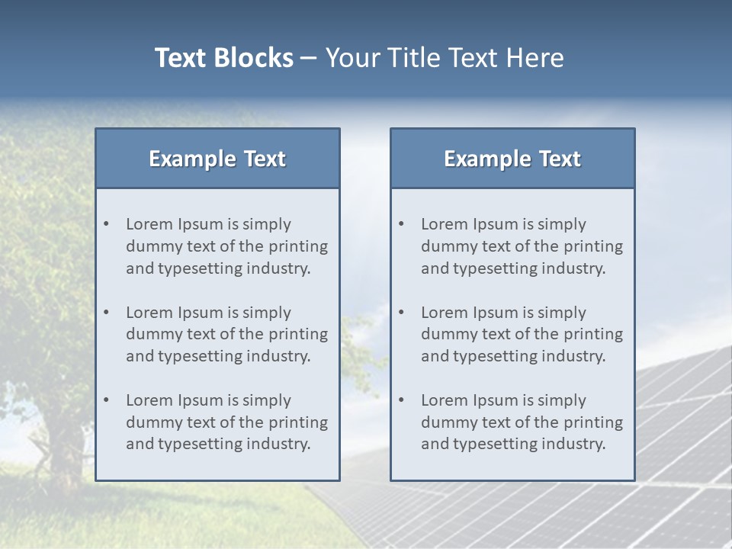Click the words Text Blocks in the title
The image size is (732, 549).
(223, 58)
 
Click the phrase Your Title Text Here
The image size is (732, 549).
(445, 58)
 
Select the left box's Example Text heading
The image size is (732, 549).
(217, 159)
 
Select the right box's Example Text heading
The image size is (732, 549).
(512, 159)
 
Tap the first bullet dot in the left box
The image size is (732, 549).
(107, 224)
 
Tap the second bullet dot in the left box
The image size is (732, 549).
(107, 313)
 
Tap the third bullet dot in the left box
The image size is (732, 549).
(107, 400)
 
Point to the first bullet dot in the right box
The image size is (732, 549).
(402, 224)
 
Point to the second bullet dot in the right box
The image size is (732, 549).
(402, 313)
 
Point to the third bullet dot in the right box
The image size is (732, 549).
(402, 400)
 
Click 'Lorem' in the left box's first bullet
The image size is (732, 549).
(149, 224)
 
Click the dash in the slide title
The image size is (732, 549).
(309, 58)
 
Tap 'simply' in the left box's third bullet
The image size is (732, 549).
(267, 400)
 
